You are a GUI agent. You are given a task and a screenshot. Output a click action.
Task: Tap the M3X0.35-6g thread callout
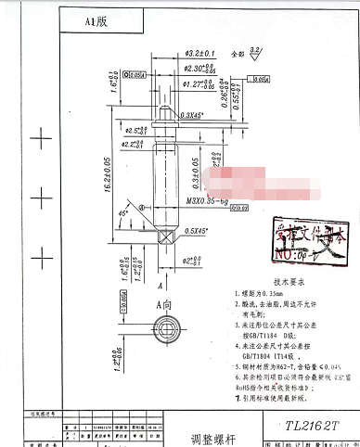pos(205,200)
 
